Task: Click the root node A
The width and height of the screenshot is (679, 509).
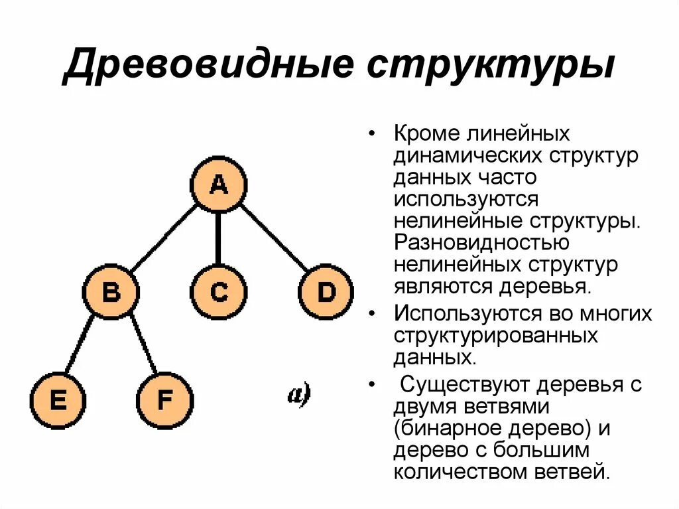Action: pyautogui.click(x=218, y=184)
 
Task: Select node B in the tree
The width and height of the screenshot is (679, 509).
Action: pyautogui.click(x=111, y=292)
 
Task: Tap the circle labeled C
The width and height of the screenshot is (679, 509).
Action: pyautogui.click(x=218, y=292)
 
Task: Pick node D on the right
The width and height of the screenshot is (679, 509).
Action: pyautogui.click(x=326, y=292)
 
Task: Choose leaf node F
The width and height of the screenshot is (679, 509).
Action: pyautogui.click(x=164, y=401)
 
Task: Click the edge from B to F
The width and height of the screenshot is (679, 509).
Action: pyautogui.click(x=143, y=346)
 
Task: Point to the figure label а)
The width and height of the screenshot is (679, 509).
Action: pyautogui.click(x=298, y=395)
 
